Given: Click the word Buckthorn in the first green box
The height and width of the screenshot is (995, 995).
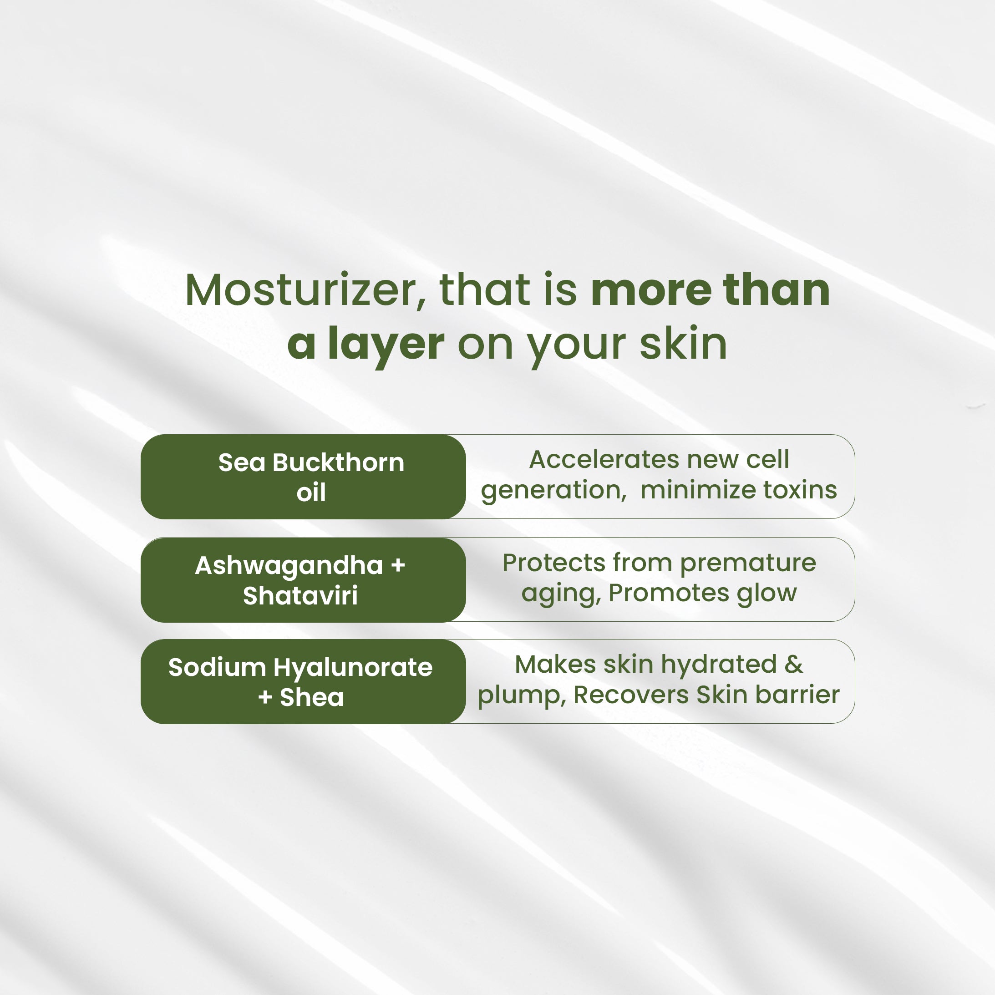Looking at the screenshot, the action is point(338,462).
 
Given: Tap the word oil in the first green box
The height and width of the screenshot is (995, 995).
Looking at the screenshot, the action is point(311,492).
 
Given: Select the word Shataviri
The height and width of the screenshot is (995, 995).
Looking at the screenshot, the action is point(300,595).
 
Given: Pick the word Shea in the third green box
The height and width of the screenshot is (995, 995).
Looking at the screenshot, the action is point(312,697).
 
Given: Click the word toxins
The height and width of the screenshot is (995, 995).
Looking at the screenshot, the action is point(800,490).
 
